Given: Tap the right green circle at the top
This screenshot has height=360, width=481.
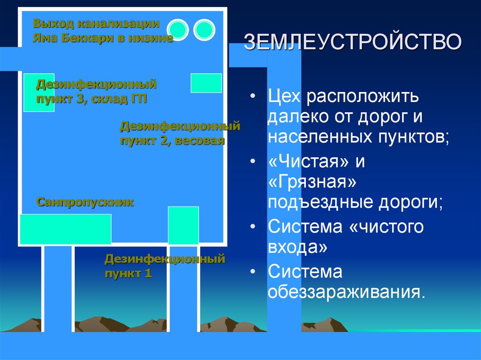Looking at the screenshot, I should coord(204,30).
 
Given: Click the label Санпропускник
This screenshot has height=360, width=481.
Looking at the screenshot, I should coord(85,202).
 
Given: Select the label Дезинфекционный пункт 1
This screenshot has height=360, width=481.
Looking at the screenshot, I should coord(165,266).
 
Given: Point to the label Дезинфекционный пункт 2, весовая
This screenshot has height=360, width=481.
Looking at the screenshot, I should coord(180,133).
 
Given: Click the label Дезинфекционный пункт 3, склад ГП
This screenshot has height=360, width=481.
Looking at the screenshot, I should coord(96,92).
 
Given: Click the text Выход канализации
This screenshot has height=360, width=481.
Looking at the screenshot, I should coord(96,23).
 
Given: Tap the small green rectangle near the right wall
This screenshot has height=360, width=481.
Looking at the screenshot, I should coord(206,83).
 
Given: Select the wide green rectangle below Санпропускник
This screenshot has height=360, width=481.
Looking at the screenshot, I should coord(65,229).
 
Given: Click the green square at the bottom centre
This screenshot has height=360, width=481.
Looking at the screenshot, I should coord(183,225).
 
